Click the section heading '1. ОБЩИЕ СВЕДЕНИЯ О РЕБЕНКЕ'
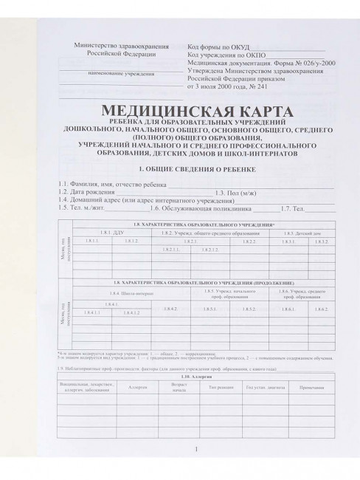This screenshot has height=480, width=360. point(191,170)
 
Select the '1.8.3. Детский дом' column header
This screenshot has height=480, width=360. point(300,233)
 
